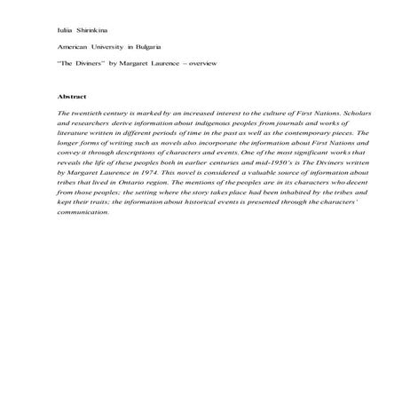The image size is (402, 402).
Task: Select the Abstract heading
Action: coord(72,96)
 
